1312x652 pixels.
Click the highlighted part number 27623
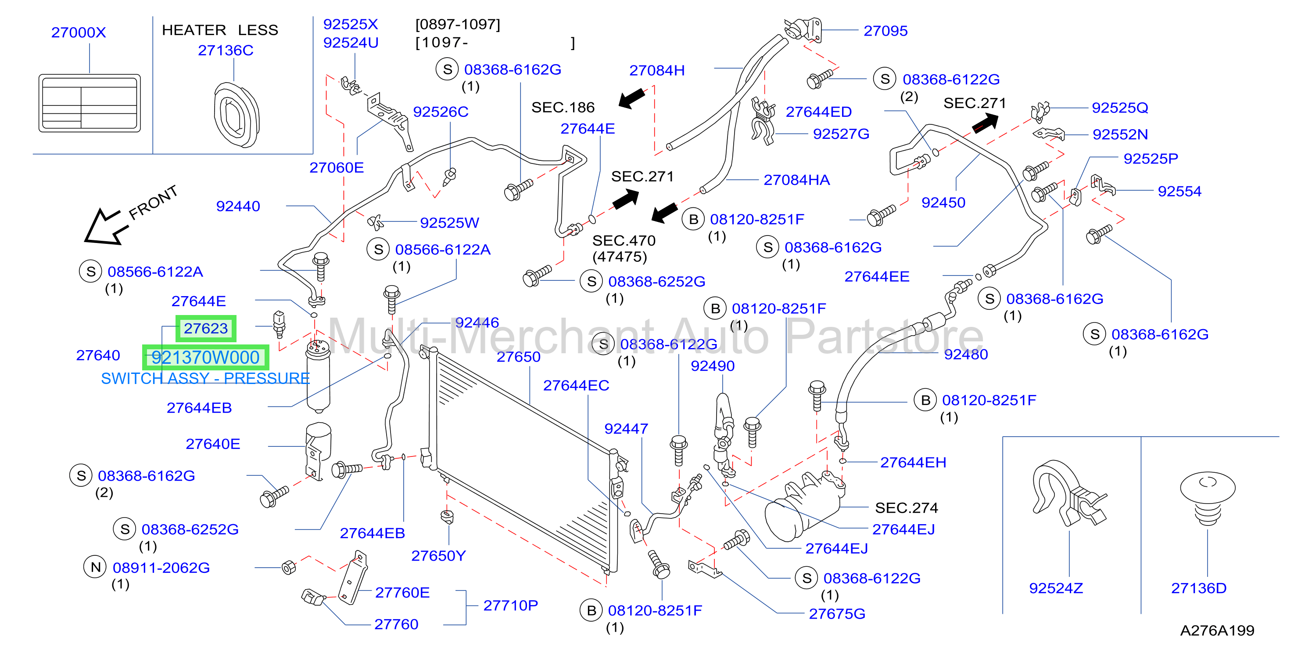206,329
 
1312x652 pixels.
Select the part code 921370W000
205,357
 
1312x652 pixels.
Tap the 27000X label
79,33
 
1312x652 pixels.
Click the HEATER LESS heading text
220,30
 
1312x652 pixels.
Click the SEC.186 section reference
563,108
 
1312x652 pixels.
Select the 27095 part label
885,31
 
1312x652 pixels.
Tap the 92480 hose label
966,354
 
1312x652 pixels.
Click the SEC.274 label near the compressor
906,508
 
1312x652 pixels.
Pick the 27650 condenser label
519,357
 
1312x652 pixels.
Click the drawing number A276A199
1217,630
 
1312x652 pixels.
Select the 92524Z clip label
1056,588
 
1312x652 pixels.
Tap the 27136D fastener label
1199,588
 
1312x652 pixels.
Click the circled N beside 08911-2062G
95,567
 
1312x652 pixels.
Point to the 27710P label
510,605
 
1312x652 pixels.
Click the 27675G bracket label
837,614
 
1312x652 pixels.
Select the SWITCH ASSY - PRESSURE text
205,378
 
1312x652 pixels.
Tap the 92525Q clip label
1120,108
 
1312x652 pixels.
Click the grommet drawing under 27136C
237,115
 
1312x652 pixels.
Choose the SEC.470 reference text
624,241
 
